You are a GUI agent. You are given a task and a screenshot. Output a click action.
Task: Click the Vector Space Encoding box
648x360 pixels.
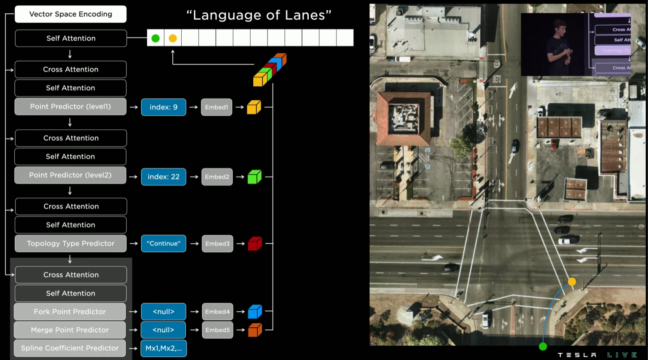(x=71, y=14)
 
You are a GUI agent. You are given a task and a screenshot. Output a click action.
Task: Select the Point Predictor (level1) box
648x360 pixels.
(x=70, y=106)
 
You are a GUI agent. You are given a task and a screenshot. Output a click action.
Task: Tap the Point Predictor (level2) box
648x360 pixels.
(x=70, y=175)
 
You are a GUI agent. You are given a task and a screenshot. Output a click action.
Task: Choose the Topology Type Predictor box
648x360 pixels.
(x=71, y=243)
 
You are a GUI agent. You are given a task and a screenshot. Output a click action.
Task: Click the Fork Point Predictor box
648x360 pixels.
(x=70, y=312)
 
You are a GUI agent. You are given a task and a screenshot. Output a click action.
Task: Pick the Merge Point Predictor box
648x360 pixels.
(x=70, y=330)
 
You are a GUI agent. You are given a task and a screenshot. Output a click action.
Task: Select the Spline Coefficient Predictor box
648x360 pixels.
(x=70, y=348)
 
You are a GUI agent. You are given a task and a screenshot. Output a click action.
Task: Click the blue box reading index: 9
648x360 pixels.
(x=163, y=107)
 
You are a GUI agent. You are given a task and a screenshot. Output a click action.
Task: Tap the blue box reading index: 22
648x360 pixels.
(x=163, y=177)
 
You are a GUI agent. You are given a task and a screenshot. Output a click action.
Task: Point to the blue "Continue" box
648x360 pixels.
(x=163, y=244)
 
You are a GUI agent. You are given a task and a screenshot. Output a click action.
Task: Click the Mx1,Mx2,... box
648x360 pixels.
(x=163, y=348)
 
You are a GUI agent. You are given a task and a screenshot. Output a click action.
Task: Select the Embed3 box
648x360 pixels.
(x=217, y=244)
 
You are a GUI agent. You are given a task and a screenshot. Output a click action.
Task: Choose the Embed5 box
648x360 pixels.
(x=217, y=330)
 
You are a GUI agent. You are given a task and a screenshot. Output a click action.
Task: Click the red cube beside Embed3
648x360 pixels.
(x=254, y=244)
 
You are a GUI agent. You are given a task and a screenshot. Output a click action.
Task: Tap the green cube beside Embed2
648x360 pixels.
(x=254, y=177)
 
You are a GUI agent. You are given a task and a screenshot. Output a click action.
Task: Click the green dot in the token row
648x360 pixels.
(x=155, y=38)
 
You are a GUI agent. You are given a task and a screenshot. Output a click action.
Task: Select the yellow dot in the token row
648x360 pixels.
(x=173, y=38)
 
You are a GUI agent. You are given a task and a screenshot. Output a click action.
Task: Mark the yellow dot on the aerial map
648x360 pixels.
(x=572, y=281)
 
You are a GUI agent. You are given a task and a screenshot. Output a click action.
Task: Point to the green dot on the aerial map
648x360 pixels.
(x=543, y=346)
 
